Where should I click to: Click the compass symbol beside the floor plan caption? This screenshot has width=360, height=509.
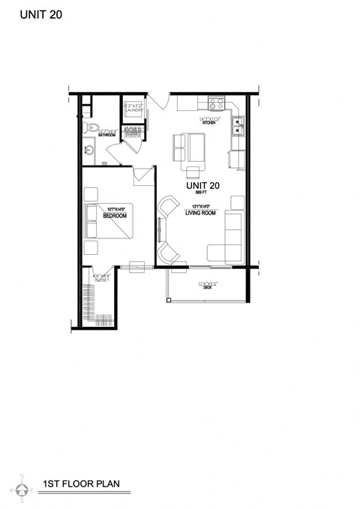click(x=22, y=490)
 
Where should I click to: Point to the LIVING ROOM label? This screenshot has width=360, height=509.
click(x=202, y=213)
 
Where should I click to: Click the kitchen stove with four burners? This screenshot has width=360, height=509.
click(x=217, y=104)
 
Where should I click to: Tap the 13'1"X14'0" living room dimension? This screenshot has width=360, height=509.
click(x=201, y=206)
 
